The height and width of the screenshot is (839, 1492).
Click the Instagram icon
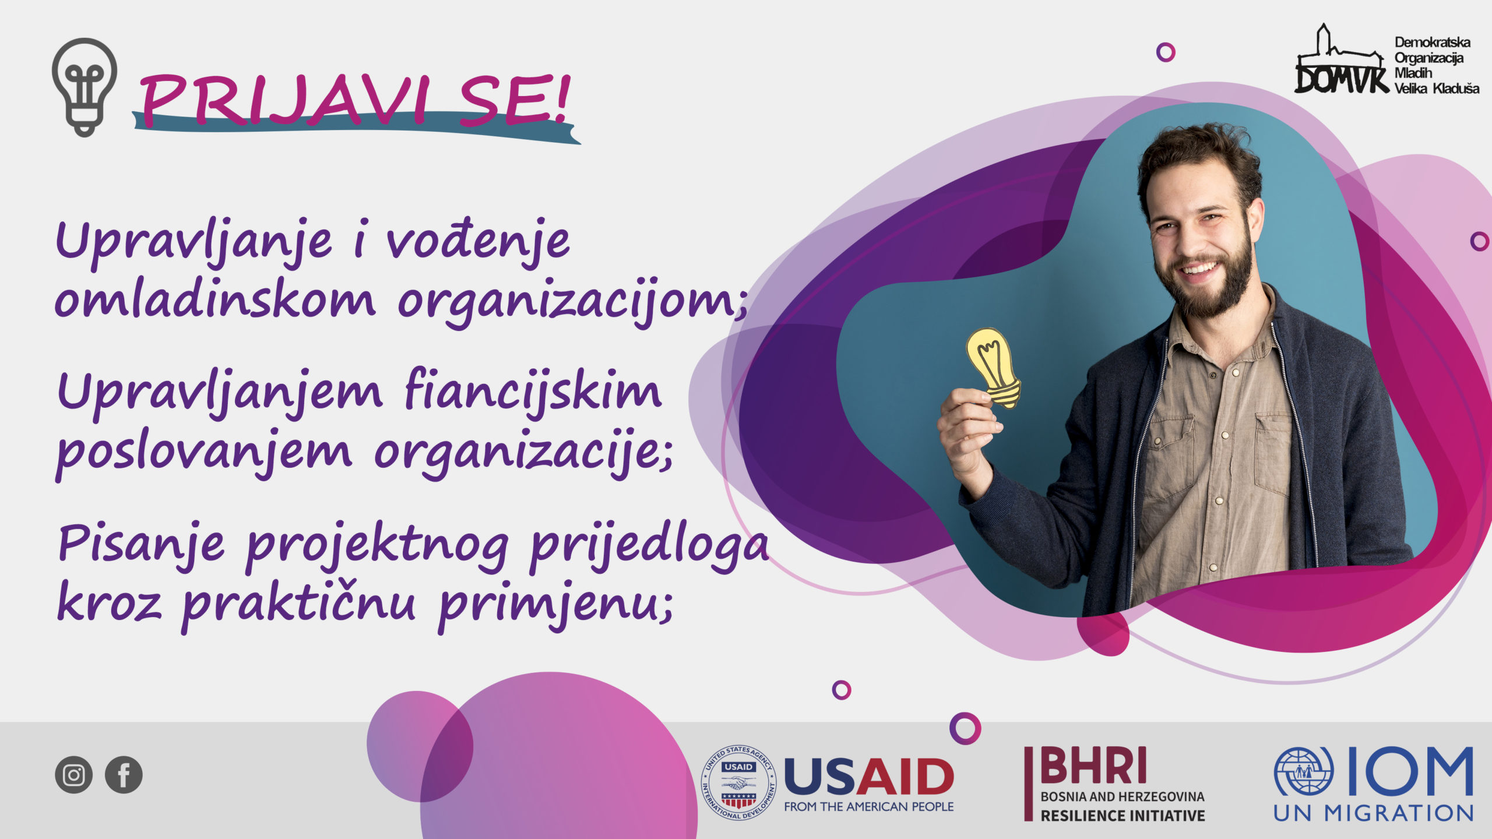pyautogui.click(x=73, y=775)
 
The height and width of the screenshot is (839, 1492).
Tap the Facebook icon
pyautogui.click(x=124, y=775)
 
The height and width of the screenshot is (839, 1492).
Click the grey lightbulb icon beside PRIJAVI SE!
pyautogui.click(x=85, y=87)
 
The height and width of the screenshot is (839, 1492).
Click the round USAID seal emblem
pyautogui.click(x=738, y=782)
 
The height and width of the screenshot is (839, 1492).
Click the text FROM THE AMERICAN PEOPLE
pyautogui.click(x=869, y=806)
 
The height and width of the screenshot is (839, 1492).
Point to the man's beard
pyautogui.click(x=1212, y=285)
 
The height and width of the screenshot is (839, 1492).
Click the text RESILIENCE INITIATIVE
pyautogui.click(x=1122, y=816)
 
